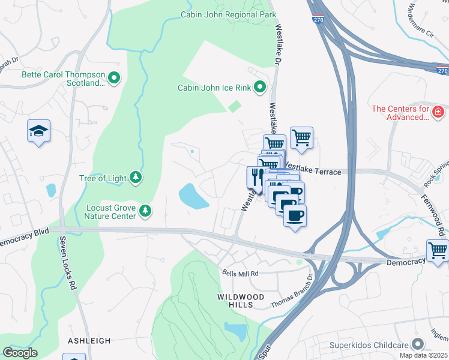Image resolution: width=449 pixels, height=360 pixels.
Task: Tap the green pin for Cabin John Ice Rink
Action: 259,88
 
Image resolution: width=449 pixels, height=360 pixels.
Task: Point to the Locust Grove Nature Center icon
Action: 145,211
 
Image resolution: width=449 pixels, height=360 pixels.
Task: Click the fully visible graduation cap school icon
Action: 38,131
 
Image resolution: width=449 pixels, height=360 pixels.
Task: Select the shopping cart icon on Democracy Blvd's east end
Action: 437,250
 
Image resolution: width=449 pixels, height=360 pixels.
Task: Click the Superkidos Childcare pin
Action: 418,344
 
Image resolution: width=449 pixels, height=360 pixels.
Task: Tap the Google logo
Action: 20,352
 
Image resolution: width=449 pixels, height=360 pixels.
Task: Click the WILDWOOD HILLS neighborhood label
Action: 244,301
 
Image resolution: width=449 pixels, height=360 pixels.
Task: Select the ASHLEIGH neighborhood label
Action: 89,340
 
